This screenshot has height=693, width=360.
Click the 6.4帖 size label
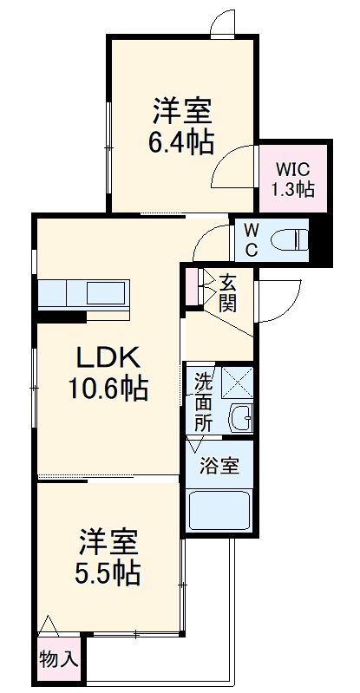tap(180, 142)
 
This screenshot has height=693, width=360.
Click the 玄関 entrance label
tap(229, 292)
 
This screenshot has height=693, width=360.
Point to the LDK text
tap(106, 358)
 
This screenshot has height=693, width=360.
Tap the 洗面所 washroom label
tap(203, 402)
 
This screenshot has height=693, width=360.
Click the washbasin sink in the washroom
tap(240, 420)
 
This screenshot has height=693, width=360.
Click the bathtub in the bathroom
tap(219, 513)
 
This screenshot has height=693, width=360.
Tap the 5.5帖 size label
tap(108, 572)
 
